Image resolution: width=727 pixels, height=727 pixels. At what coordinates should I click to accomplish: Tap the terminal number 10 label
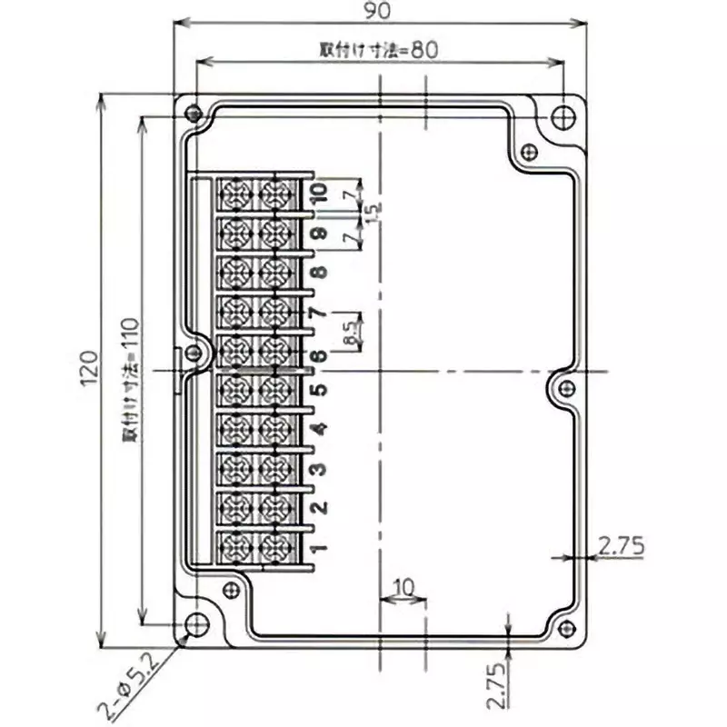[317, 193]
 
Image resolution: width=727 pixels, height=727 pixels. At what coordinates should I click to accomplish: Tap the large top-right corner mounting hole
[563, 117]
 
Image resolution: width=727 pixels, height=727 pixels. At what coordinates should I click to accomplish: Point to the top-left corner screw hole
[192, 114]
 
